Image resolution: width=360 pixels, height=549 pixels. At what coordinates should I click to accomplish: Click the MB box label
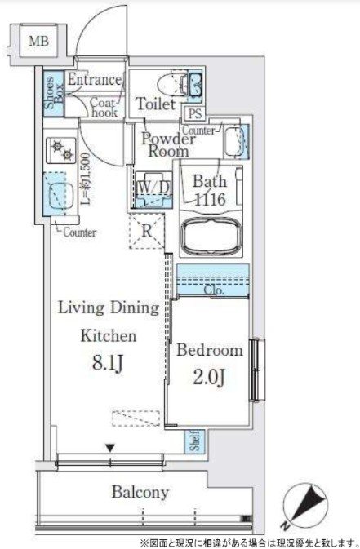click(38, 40)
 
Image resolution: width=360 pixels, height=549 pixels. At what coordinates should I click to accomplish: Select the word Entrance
click(94, 80)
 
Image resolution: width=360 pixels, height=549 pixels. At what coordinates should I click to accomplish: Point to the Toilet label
click(153, 104)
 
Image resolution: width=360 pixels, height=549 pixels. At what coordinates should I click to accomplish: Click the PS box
click(195, 114)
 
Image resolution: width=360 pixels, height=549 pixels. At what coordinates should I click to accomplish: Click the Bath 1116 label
click(208, 189)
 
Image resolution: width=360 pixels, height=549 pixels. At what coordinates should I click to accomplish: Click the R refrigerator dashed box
click(145, 230)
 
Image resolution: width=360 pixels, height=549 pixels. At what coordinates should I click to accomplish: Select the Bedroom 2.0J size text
click(210, 378)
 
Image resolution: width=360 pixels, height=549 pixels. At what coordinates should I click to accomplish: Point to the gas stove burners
click(61, 152)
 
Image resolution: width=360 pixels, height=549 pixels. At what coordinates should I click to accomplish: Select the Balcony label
click(140, 492)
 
